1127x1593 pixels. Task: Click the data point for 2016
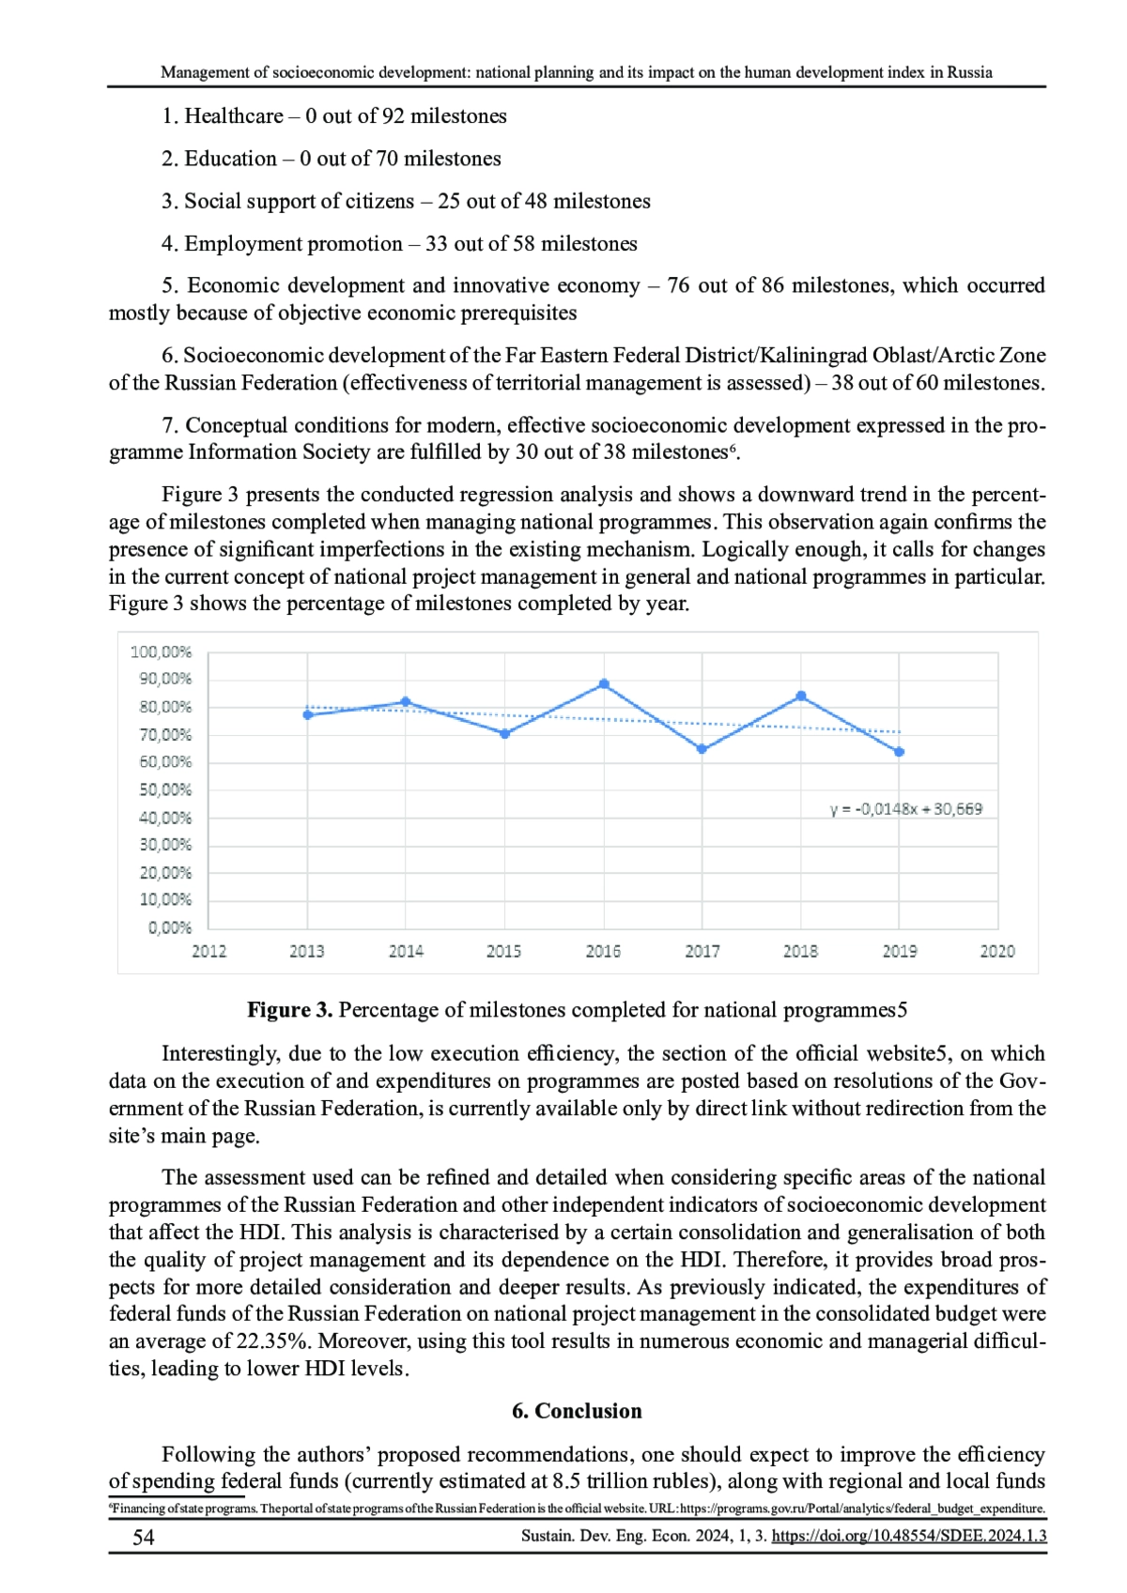point(604,684)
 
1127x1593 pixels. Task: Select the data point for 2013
point(307,715)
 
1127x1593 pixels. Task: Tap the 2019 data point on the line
point(900,752)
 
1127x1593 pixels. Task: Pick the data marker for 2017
point(702,749)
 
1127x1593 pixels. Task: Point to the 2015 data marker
point(504,734)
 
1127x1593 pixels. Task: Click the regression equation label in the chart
point(906,809)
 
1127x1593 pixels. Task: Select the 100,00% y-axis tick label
point(161,651)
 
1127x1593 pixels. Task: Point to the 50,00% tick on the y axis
point(164,789)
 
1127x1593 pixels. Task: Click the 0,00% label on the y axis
point(169,927)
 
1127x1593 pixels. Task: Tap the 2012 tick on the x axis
point(208,951)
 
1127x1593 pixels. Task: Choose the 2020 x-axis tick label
point(997,951)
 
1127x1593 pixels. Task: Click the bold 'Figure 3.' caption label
point(289,1010)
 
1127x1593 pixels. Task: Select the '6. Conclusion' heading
point(577,1411)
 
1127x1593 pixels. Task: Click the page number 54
point(143,1537)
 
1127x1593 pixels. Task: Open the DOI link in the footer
point(908,1537)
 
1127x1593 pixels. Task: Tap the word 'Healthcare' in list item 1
point(234,116)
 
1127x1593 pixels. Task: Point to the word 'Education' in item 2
point(230,159)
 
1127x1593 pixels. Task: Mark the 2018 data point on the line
point(801,696)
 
